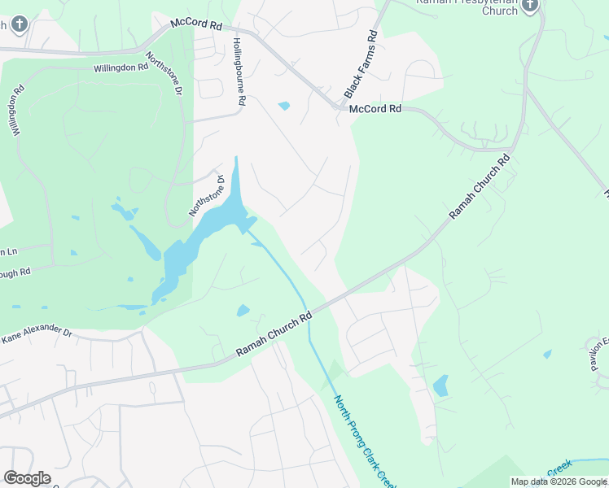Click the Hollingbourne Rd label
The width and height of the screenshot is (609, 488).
pos(239,72)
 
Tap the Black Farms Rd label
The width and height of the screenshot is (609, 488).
pos(361,63)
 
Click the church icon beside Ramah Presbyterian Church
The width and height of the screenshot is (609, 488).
pos(530,6)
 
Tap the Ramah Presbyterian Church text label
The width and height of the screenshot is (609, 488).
pos(467,7)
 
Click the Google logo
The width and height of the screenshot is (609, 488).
pos(27,478)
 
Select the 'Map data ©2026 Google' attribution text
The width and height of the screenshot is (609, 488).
pos(559,481)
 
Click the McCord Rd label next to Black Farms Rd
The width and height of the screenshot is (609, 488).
pos(375,108)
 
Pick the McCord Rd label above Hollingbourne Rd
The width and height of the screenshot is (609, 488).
pos(196,25)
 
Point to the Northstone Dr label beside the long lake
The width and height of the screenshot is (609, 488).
pos(207,195)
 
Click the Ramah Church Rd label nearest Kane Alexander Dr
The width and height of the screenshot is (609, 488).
pos(274,334)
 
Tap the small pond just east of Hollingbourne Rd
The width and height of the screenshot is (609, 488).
pos(283,106)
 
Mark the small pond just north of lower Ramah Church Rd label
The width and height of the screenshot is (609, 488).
pos(243,310)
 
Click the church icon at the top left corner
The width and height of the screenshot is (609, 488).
pos(20,24)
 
